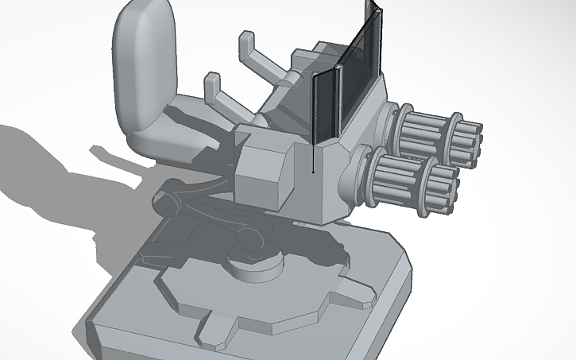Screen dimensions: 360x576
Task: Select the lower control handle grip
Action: [212, 83]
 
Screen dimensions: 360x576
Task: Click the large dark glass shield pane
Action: [358, 79]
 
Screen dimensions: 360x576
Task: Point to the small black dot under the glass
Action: [315, 171]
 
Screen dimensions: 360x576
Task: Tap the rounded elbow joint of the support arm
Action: [249, 239]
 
